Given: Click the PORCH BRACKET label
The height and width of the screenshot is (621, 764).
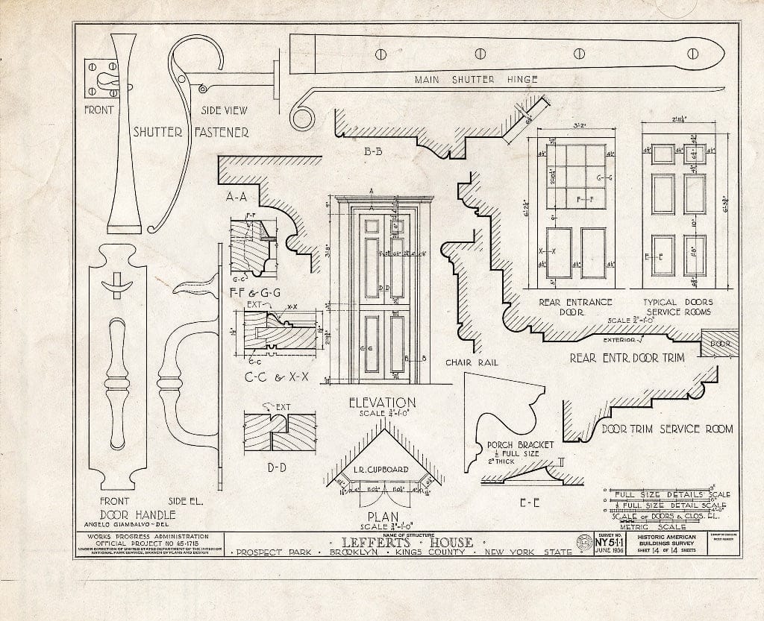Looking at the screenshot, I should point(521,445).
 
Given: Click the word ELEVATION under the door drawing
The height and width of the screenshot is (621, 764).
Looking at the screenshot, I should point(383,403).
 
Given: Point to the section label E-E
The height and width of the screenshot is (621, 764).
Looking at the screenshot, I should point(530,502).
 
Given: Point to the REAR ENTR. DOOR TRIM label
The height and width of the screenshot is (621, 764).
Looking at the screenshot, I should point(633,358).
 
